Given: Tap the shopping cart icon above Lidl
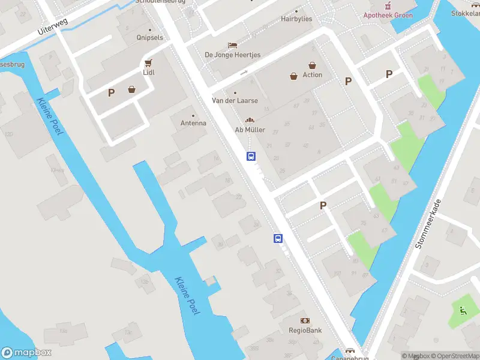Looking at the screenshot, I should click(x=148, y=62).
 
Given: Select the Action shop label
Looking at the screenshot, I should click(x=312, y=75).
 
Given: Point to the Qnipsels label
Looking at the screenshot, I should click(x=149, y=37).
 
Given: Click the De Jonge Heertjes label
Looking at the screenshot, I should click(x=232, y=55).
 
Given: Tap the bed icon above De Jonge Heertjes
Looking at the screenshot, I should click(x=232, y=45).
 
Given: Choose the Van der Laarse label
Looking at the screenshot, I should click(x=235, y=101).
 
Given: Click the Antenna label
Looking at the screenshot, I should click(x=193, y=123).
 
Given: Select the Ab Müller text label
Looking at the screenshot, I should click(x=250, y=130).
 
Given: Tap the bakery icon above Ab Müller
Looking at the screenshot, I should click(x=250, y=120).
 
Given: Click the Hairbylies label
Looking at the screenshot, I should click(x=296, y=19).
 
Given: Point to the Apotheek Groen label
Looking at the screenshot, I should click(x=388, y=15).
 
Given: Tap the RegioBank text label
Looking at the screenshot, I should click(x=305, y=331).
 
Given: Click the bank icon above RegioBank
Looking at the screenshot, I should click(x=305, y=321).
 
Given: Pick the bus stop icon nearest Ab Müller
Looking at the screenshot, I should click(x=251, y=157).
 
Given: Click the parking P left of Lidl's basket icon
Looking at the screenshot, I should click(x=111, y=93).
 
